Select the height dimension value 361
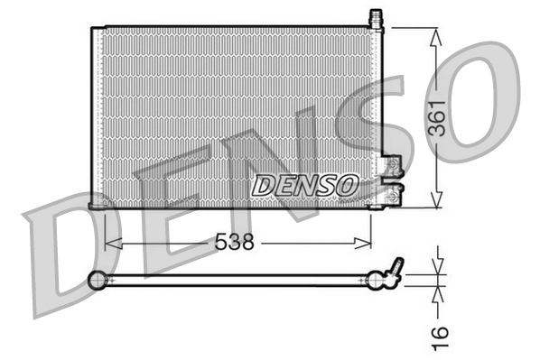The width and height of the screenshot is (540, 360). [x=437, y=117]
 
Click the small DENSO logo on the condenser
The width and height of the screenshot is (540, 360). [x=304, y=186]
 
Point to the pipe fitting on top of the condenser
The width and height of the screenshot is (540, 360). [x=376, y=19]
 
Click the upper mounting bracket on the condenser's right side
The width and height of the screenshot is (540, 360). [x=393, y=166]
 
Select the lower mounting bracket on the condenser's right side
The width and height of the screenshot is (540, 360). [x=394, y=192]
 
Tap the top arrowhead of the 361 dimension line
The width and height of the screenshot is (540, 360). [x=436, y=35]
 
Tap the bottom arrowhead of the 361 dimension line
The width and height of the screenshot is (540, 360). [x=436, y=202]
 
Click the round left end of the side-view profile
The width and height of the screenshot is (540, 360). [x=98, y=282]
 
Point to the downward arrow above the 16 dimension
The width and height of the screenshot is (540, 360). [x=437, y=265]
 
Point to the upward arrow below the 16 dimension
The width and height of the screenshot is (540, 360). [x=437, y=294]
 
